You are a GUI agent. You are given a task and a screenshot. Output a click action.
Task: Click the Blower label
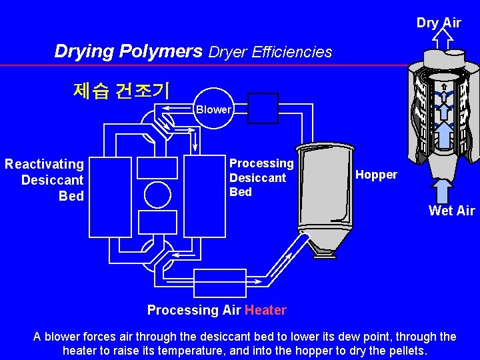(x=213, y=109)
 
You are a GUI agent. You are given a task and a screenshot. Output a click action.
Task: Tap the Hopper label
(x=376, y=175)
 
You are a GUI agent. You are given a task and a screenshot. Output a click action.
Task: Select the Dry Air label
(x=439, y=23)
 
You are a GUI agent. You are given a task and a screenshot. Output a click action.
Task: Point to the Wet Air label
(x=451, y=211)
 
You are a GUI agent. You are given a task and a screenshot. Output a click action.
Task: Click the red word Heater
(x=265, y=310)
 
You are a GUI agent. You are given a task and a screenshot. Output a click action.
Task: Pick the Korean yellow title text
(x=121, y=90)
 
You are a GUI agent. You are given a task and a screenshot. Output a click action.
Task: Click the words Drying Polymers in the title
(x=128, y=51)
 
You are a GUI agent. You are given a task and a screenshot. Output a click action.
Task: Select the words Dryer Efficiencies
(x=270, y=52)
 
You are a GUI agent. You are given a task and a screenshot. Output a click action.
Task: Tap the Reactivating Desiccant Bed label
(x=45, y=180)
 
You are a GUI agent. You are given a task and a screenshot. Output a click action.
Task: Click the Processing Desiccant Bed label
(x=261, y=177)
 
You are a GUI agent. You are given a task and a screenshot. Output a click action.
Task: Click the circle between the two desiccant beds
(x=157, y=195)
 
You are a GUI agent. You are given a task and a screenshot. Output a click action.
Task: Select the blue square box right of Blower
(x=263, y=108)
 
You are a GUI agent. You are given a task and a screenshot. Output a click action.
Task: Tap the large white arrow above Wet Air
(x=442, y=189)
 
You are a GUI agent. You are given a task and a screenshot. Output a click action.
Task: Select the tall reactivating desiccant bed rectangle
(x=110, y=197)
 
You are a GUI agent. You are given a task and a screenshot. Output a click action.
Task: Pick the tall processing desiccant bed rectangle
(x=205, y=197)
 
